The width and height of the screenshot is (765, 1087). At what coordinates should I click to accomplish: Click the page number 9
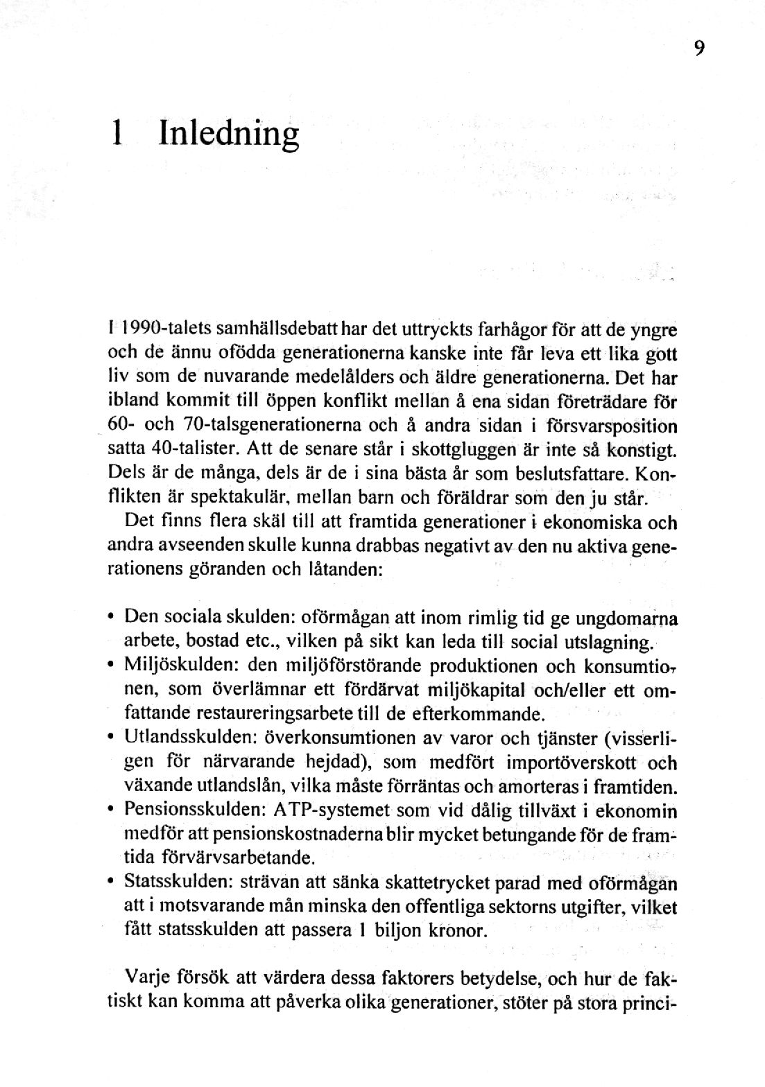[698, 48]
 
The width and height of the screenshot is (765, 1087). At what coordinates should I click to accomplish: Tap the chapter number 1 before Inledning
[118, 131]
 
